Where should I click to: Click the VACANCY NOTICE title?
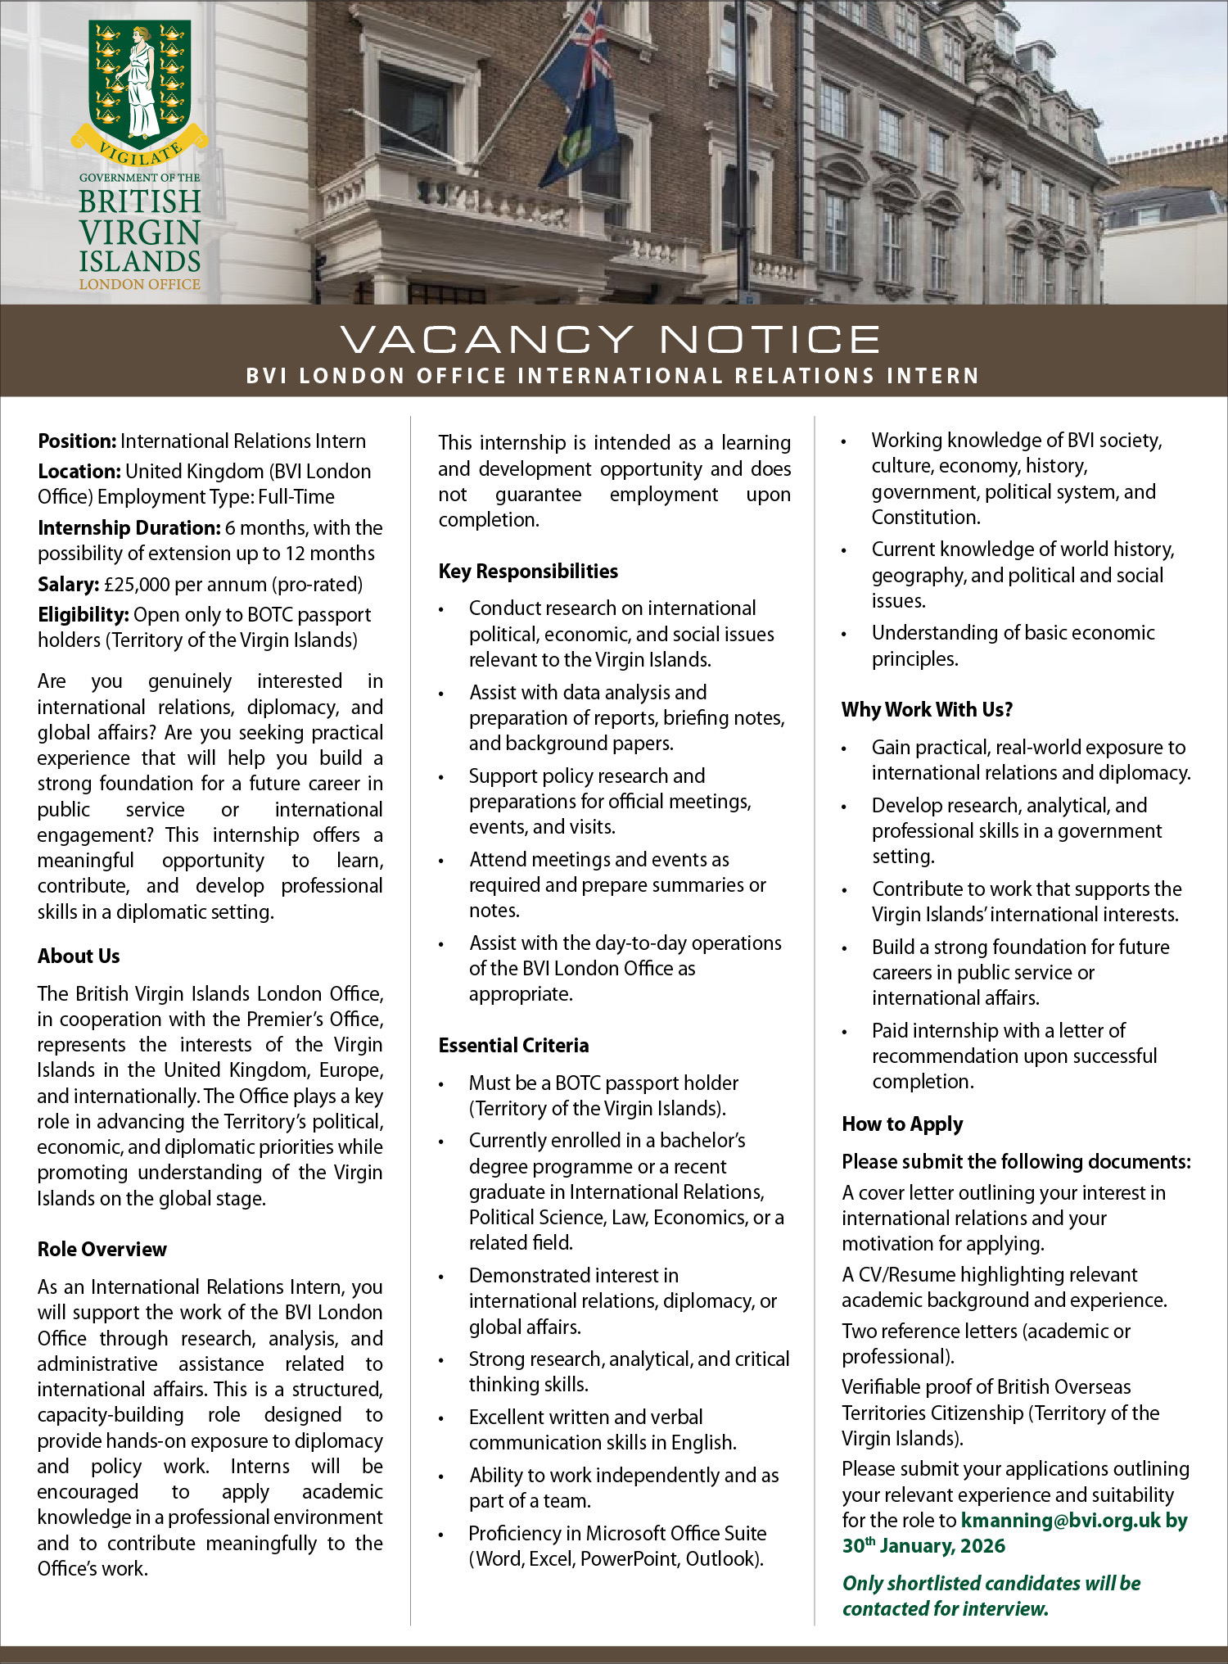click(610, 339)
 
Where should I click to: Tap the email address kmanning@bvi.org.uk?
click(1061, 1520)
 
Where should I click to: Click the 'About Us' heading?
click(79, 956)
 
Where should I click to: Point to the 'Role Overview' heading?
click(102, 1249)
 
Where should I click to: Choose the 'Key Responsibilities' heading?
click(528, 571)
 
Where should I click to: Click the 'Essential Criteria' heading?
click(513, 1045)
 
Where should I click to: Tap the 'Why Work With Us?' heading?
click(927, 709)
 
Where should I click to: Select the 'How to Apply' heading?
click(902, 1124)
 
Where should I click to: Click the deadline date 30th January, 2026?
click(923, 1546)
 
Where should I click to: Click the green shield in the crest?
click(140, 82)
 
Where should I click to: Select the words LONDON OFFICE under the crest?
click(140, 284)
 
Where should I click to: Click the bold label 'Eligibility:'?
click(84, 614)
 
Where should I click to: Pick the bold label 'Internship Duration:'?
click(129, 527)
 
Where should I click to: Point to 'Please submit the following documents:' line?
click(1016, 1161)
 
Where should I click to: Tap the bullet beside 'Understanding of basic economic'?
click(844, 635)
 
